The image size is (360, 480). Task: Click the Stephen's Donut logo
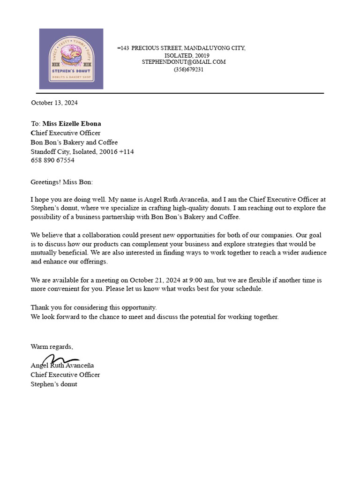(71, 59)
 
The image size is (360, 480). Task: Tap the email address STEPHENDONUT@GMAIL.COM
(184, 62)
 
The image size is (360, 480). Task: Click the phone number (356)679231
(188, 69)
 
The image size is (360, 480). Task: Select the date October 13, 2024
(54, 103)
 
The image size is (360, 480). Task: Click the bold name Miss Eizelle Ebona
(72, 124)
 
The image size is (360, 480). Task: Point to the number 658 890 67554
(52, 160)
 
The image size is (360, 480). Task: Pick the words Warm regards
(52, 347)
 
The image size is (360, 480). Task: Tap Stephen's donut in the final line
(54, 384)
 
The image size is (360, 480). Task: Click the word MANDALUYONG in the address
(204, 48)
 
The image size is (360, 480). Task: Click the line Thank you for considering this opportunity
(94, 307)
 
